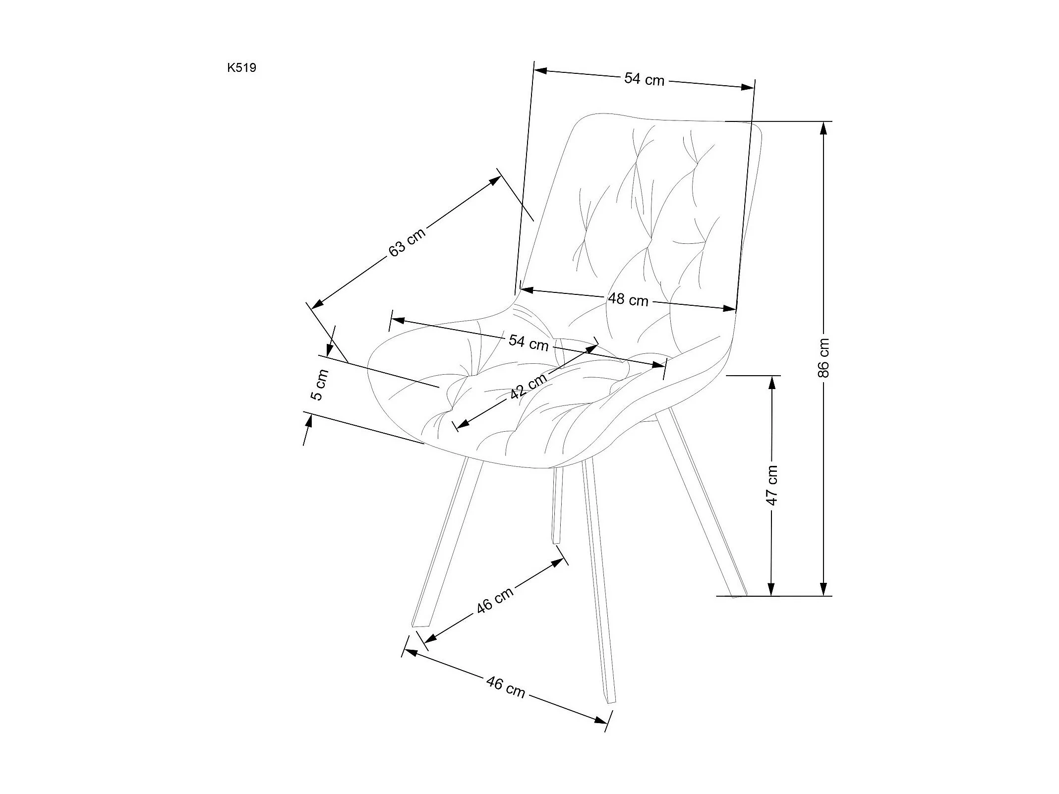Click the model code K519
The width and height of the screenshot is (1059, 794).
(x=241, y=68)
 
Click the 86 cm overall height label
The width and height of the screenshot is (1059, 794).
(x=823, y=358)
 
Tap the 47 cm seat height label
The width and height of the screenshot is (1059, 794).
(x=771, y=485)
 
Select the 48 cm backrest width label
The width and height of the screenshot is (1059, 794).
(x=628, y=299)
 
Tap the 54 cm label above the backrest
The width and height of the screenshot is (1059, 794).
(x=644, y=79)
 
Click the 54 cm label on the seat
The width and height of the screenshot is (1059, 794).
(x=529, y=342)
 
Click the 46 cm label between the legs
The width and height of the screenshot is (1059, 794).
(x=495, y=601)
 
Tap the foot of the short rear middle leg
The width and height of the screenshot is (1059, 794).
(x=556, y=541)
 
